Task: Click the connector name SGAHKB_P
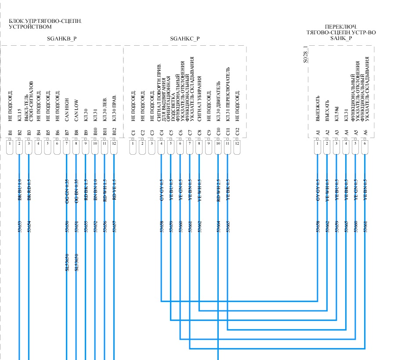point(62,39)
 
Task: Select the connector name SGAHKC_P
point(185,39)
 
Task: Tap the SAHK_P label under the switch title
point(341,38)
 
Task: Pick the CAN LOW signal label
point(76,112)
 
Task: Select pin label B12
point(114,132)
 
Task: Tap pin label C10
point(218,132)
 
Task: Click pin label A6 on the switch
point(365,132)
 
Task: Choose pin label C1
point(133,132)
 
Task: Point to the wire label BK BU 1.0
point(19,189)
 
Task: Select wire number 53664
point(218,227)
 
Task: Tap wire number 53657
point(114,227)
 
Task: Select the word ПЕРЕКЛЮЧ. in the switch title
point(341,27)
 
